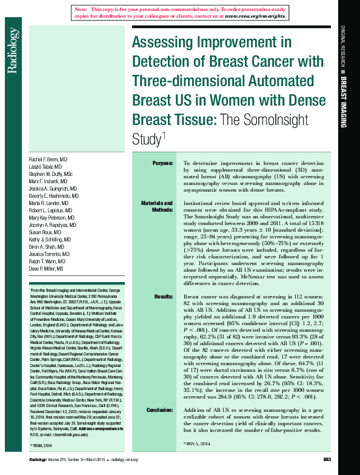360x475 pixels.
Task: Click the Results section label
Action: click(x=163, y=297)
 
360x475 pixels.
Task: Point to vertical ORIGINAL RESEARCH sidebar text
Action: click(x=342, y=45)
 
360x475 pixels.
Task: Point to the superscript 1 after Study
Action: click(x=164, y=134)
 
